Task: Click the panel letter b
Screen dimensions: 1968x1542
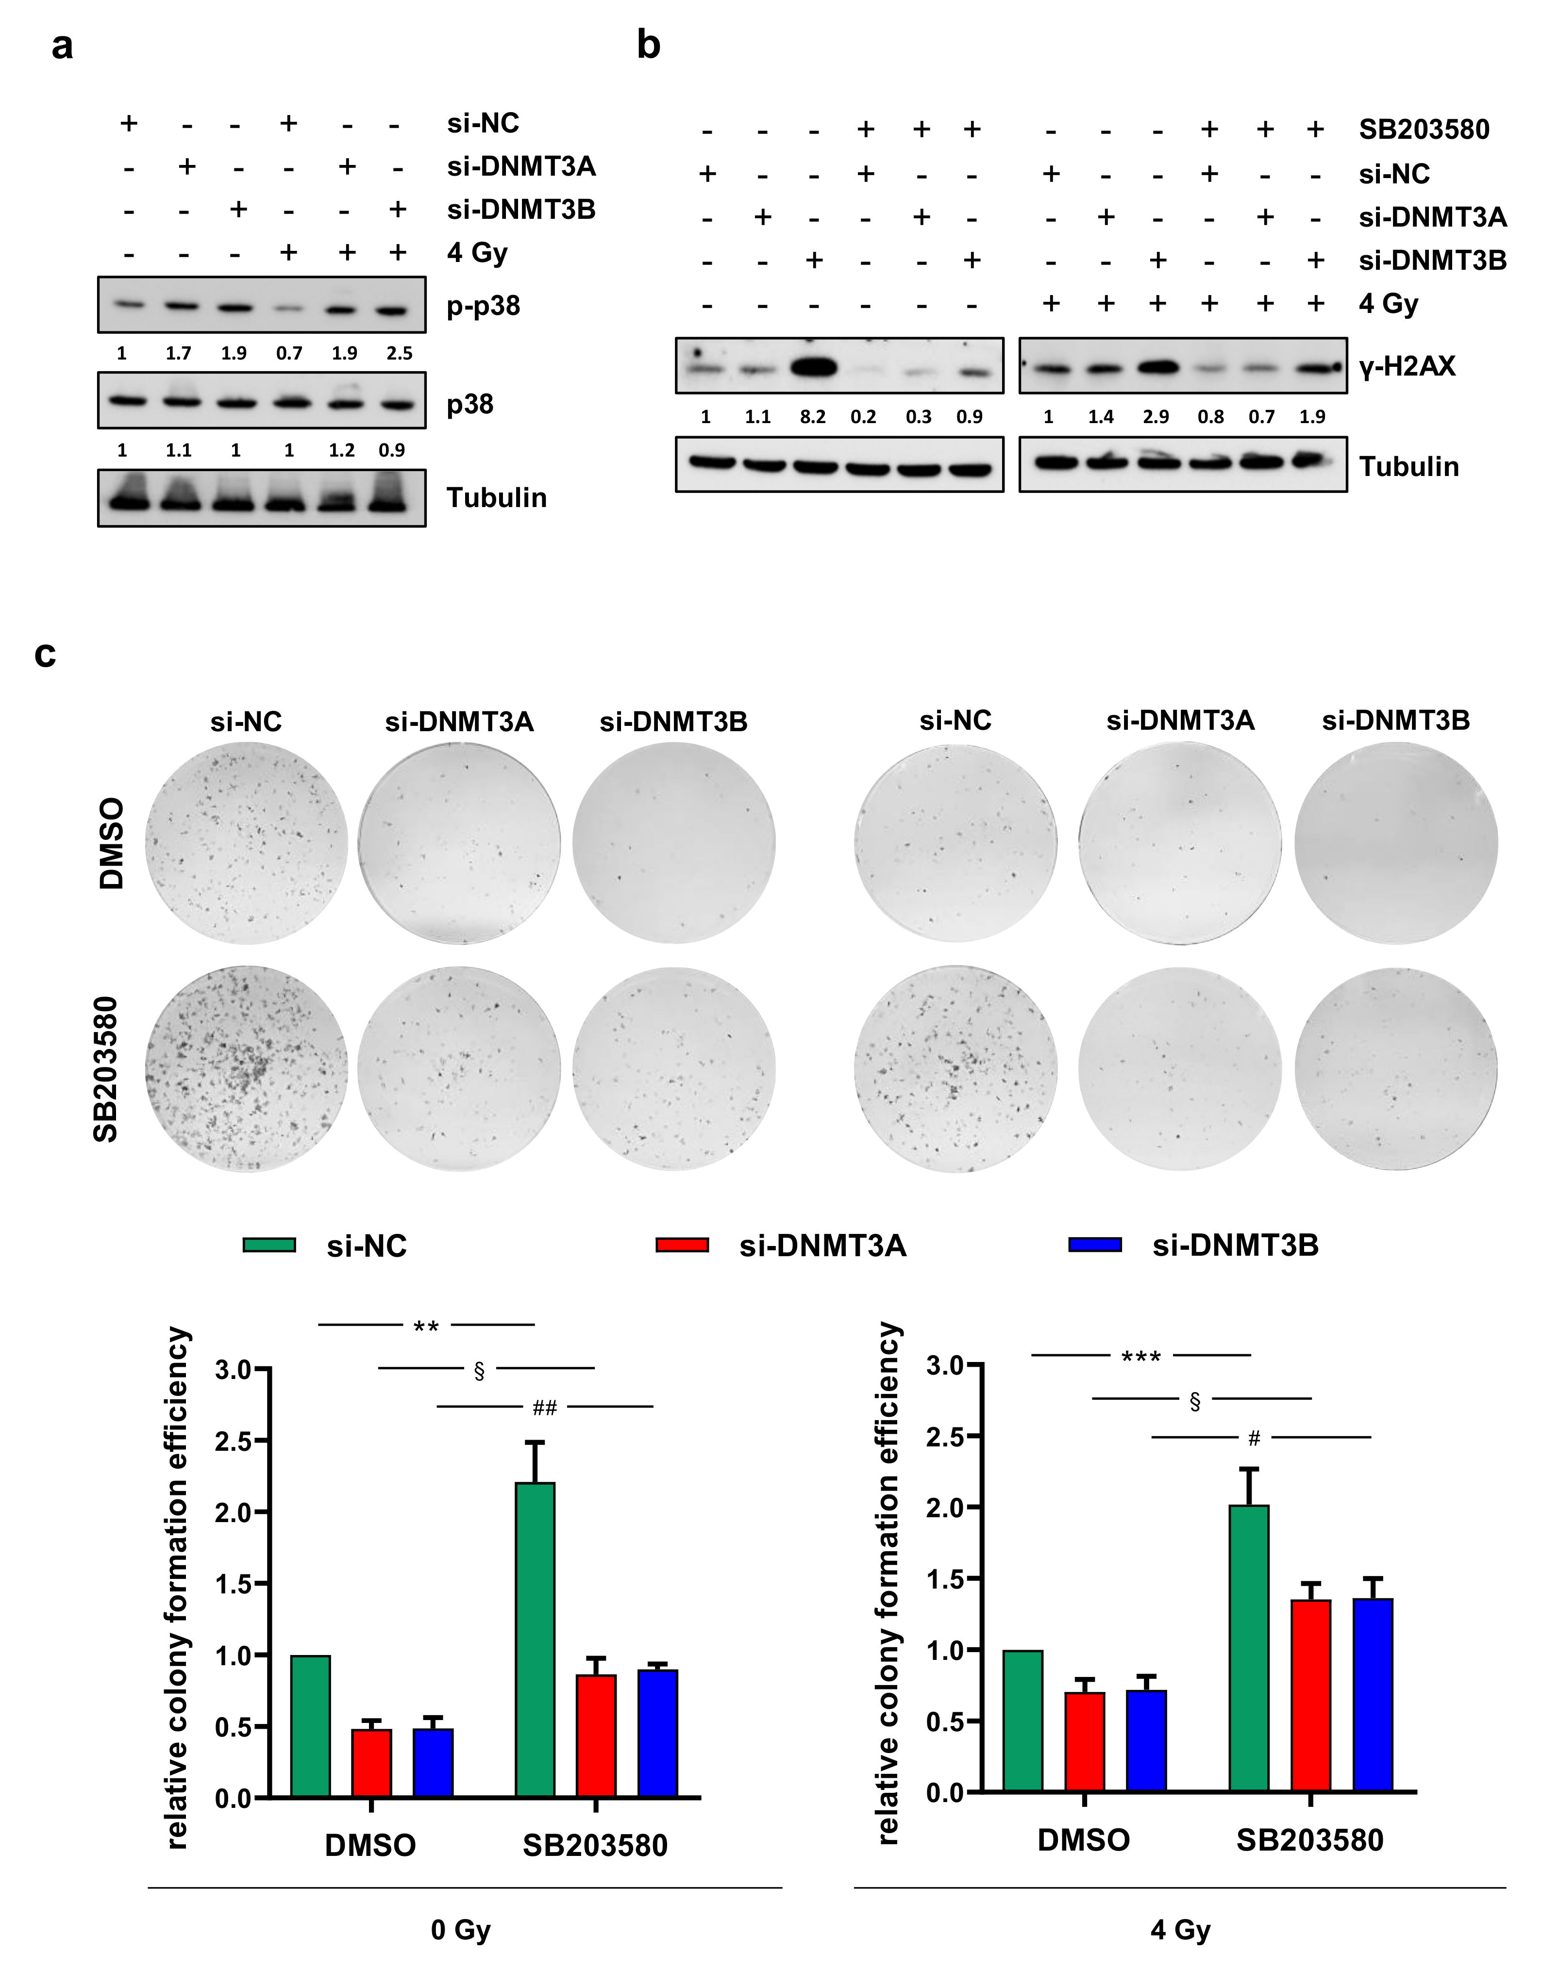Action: (648, 45)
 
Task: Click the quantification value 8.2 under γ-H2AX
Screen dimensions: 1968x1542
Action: (813, 417)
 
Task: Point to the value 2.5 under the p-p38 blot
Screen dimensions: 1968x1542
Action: (399, 353)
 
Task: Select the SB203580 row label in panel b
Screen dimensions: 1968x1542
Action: (1424, 130)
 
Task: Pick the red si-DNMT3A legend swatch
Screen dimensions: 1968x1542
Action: (682, 1245)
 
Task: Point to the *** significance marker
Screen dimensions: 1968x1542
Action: (1140, 1356)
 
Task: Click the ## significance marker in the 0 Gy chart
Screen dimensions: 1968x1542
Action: (544, 1408)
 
